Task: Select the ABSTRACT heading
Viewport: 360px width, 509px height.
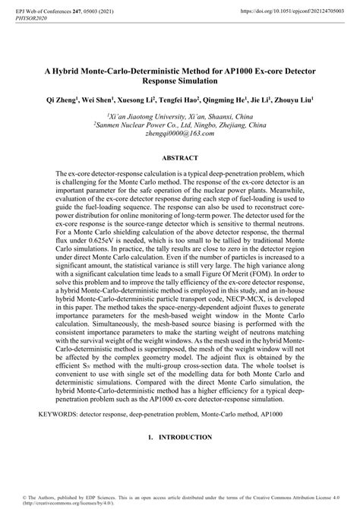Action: pyautogui.click(x=180, y=158)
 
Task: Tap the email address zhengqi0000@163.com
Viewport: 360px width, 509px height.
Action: pyautogui.click(x=180, y=133)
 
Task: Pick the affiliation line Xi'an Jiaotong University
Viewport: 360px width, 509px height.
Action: pyautogui.click(x=180, y=115)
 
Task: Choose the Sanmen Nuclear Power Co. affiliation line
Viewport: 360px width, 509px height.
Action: pyautogui.click(x=180, y=124)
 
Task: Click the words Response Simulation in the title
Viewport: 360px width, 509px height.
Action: pyautogui.click(x=180, y=80)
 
